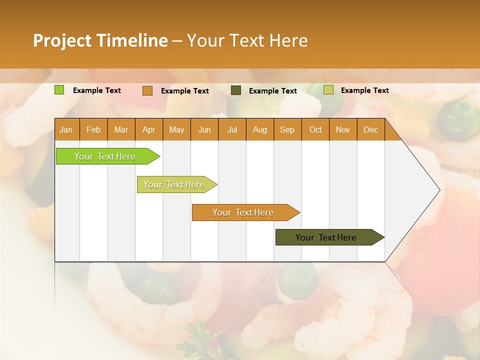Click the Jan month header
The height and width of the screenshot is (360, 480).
66,129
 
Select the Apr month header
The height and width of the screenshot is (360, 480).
148,129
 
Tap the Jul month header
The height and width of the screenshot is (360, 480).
232,129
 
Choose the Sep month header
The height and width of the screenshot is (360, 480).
287,129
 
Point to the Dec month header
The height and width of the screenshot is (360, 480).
370,129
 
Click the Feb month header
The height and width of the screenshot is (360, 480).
93,129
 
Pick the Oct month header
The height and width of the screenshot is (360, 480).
315,129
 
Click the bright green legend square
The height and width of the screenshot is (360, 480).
59,90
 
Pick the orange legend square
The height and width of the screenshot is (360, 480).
147,90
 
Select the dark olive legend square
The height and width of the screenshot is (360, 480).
236,90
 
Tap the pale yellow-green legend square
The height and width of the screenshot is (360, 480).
328,90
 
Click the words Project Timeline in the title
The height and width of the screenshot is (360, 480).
100,40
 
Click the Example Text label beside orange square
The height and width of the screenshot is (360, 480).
184,91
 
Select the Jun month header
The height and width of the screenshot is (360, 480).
204,129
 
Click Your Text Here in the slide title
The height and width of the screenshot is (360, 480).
247,40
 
